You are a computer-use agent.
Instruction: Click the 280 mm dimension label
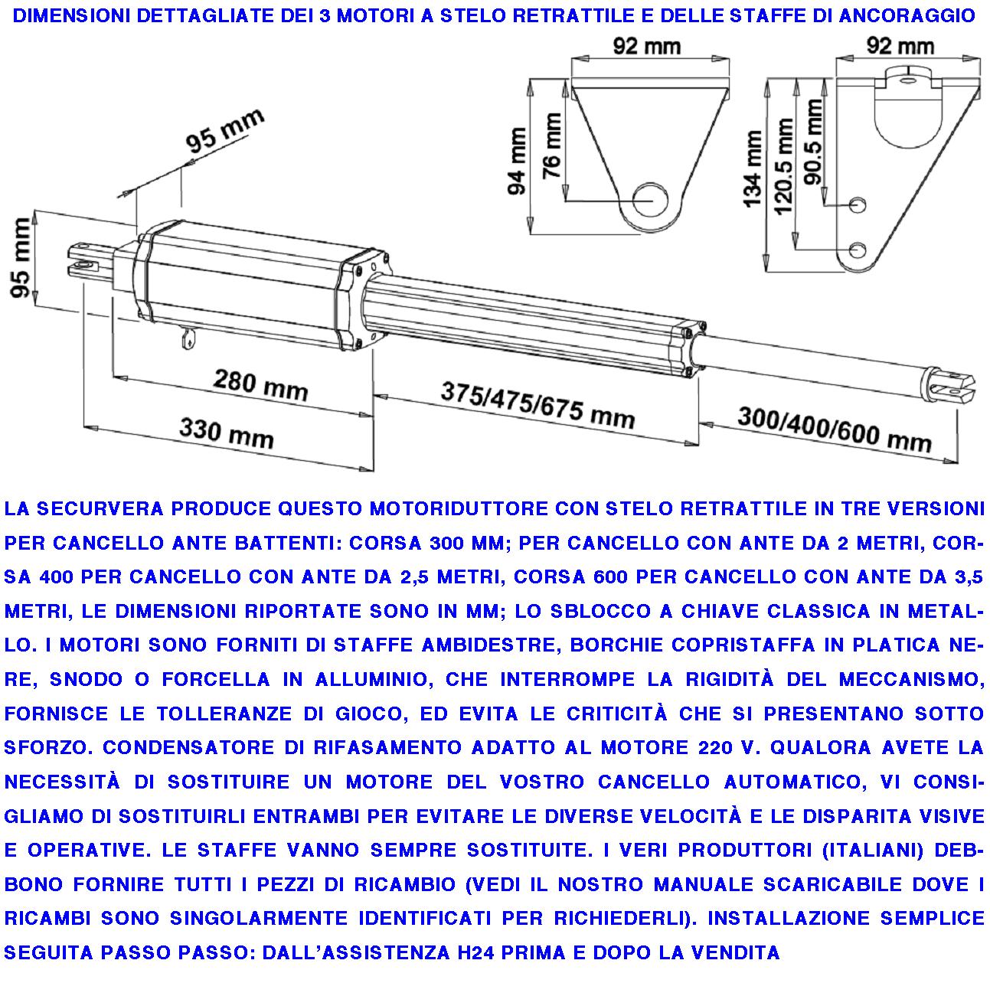[260, 385]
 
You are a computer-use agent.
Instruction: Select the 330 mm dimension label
[226, 433]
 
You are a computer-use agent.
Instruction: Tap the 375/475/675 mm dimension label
[537, 406]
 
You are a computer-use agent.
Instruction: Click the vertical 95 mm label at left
[24, 261]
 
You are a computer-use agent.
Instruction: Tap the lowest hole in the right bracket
[859, 250]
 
